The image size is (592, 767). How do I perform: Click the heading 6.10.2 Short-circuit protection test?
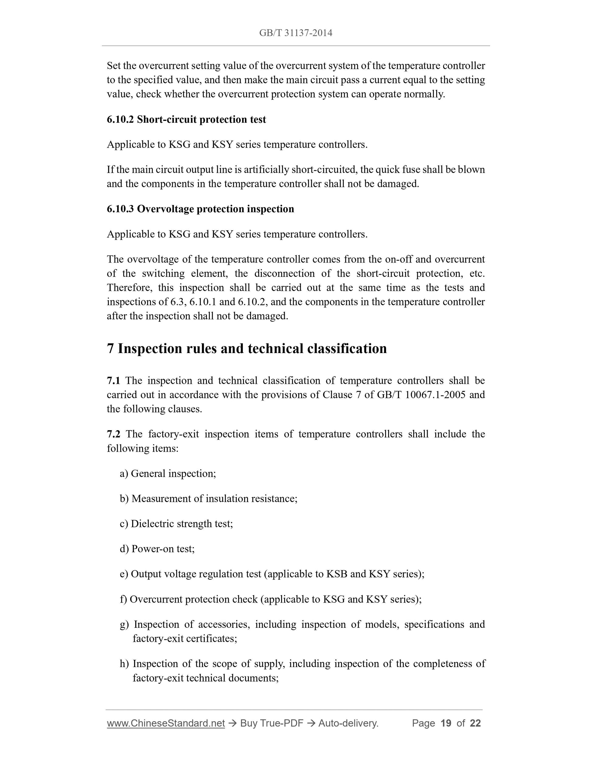point(186,119)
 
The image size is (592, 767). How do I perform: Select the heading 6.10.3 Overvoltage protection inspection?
point(200,209)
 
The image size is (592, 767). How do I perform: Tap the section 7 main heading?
point(246,348)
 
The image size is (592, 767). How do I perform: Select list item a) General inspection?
point(168,473)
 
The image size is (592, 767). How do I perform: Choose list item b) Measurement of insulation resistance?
point(208,499)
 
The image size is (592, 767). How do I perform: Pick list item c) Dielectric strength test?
point(176,524)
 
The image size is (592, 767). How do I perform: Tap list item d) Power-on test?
point(157,549)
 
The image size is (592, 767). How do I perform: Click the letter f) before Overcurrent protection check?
point(123,599)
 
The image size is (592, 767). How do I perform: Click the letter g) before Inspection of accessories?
point(124,624)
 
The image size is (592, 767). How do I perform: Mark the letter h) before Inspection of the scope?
point(124,664)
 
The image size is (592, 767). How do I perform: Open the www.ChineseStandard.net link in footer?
point(165,723)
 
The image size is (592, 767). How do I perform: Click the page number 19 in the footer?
point(445,723)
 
